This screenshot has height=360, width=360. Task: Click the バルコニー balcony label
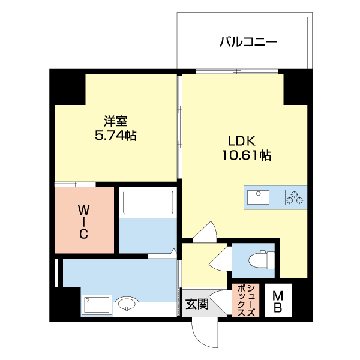click(x=248, y=42)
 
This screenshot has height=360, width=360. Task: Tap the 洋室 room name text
click(x=115, y=120)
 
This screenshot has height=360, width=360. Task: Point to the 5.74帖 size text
click(x=115, y=136)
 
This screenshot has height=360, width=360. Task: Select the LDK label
click(x=242, y=142)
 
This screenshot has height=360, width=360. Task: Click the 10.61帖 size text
click(x=246, y=156)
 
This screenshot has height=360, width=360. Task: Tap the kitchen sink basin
click(x=259, y=197)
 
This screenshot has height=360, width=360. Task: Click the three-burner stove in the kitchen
click(x=294, y=197)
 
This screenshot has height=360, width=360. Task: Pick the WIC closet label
click(x=84, y=222)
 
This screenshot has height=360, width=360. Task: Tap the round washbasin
click(x=127, y=304)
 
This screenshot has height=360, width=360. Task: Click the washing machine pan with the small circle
click(x=97, y=304)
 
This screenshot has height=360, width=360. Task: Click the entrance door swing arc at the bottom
click(x=204, y=333)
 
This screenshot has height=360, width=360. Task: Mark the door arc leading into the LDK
click(x=208, y=232)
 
